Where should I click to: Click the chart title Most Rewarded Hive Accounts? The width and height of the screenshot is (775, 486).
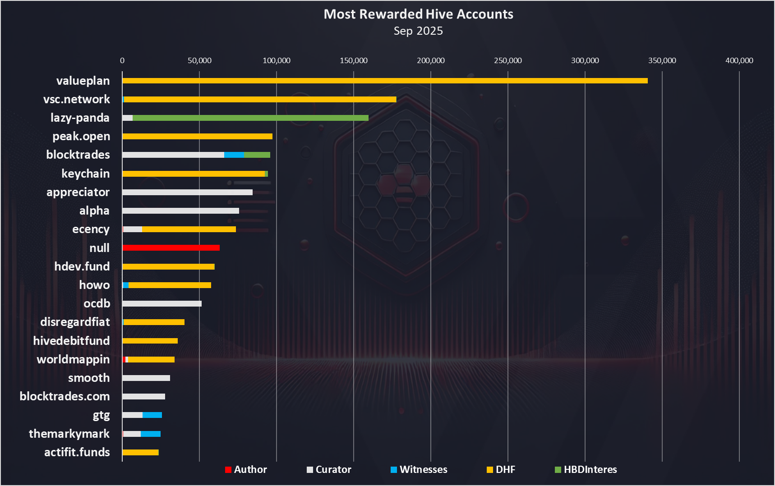tap(418, 14)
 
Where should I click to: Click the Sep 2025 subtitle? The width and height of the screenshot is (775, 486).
tap(418, 31)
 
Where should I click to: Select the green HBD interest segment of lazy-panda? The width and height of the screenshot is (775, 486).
tap(250, 118)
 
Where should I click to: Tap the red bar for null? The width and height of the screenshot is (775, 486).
tap(171, 248)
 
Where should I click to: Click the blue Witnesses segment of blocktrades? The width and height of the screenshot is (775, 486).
tap(234, 155)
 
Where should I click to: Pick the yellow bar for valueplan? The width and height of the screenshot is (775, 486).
tap(385, 81)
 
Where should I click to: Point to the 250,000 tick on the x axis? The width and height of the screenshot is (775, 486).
tap(508, 61)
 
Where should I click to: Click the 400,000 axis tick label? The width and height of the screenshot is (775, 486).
tap(739, 61)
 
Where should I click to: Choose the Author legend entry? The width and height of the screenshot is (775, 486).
tap(246, 470)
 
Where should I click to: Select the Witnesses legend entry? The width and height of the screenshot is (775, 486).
tap(419, 470)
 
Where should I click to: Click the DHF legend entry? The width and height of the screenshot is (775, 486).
tap(501, 470)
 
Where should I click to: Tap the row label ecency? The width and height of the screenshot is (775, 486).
tap(91, 229)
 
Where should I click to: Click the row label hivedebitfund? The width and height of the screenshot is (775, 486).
tap(71, 341)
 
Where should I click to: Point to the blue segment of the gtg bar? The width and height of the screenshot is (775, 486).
tap(152, 415)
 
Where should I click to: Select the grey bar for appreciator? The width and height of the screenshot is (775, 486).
tap(187, 193)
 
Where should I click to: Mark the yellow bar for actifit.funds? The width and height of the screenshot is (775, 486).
tap(140, 453)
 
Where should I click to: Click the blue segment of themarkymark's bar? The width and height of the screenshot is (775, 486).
tap(151, 434)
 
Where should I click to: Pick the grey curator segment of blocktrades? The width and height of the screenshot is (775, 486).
tap(173, 155)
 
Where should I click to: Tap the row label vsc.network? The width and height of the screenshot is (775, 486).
tap(76, 100)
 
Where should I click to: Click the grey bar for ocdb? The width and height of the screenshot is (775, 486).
tap(162, 304)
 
